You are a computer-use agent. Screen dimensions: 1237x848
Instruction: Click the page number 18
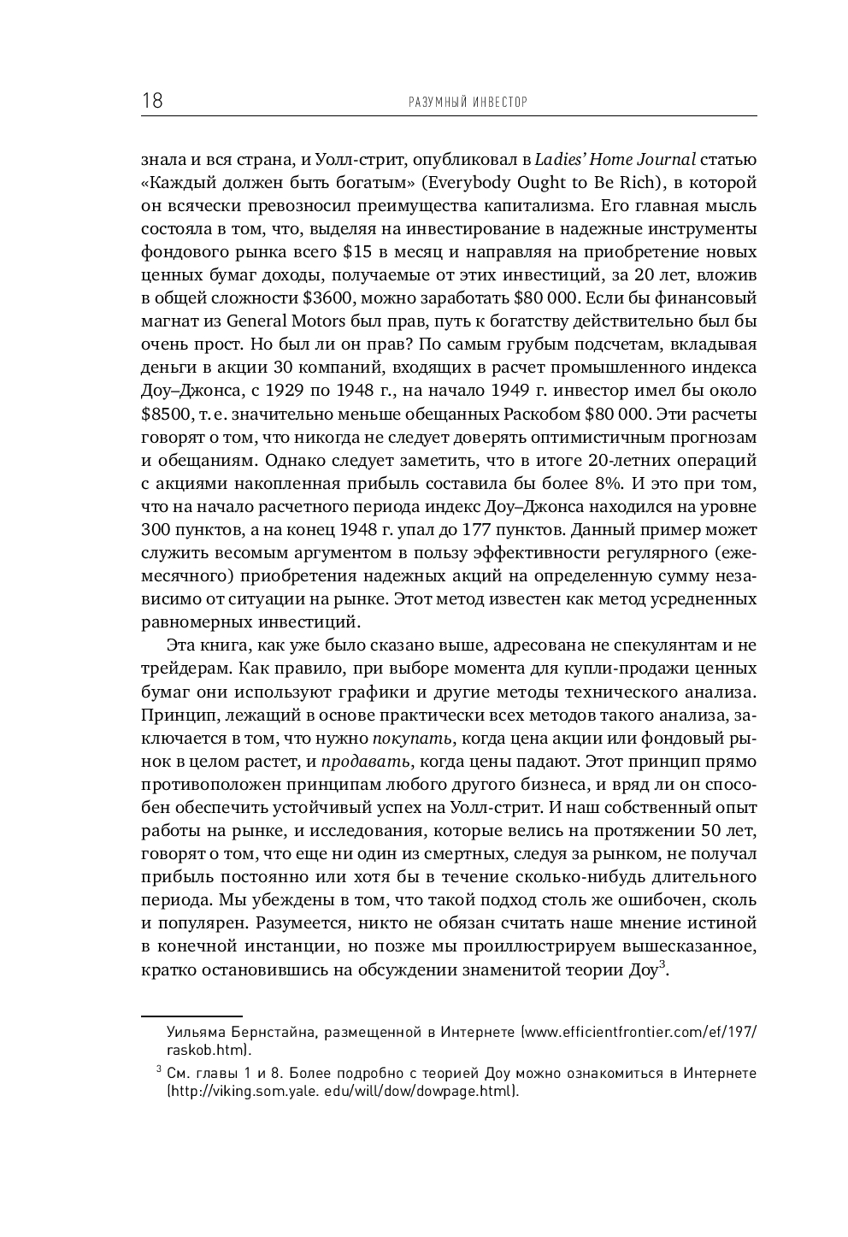coord(152,102)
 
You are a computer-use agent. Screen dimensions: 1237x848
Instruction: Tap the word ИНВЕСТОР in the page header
coord(496,103)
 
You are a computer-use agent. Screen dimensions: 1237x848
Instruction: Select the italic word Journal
coord(666,160)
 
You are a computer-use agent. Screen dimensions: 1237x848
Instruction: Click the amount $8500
coord(165,414)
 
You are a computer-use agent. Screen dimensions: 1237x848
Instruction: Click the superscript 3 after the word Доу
coord(662,965)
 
